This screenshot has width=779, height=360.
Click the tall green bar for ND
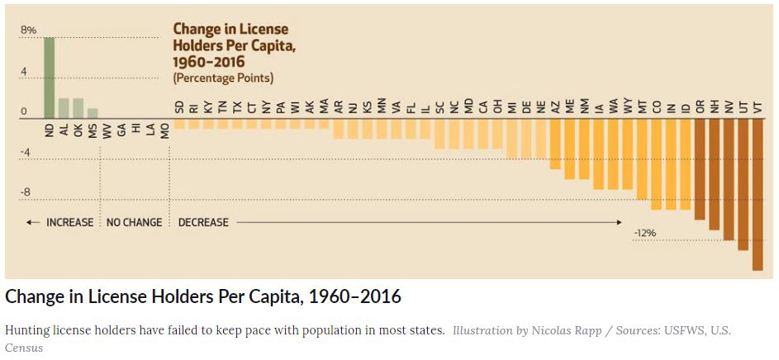[50, 78]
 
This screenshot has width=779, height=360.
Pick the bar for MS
[93, 114]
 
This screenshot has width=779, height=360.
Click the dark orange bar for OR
[700, 169]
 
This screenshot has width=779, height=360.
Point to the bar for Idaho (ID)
[686, 164]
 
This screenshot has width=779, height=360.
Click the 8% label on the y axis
[29, 31]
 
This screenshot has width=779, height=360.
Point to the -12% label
[644, 234]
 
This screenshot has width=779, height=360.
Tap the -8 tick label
[26, 192]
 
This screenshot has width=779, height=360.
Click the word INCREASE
[69, 223]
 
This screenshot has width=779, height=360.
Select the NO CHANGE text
[135, 223]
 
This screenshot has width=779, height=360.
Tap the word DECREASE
[203, 223]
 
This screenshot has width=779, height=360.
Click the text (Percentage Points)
[223, 78]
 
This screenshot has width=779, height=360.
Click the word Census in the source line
[24, 348]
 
